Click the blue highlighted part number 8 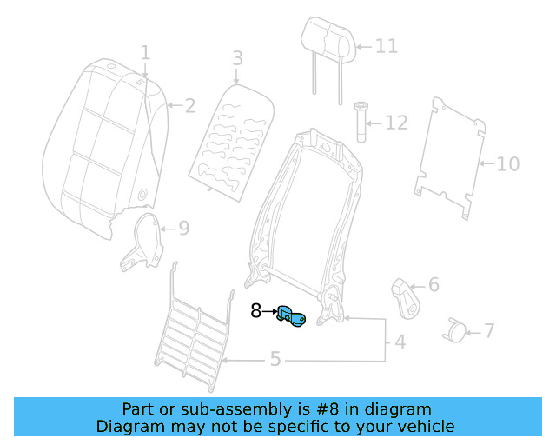pyautogui.click(x=291, y=316)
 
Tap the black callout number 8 pyautogui.click(x=255, y=311)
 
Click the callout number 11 pyautogui.click(x=387, y=46)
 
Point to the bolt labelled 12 pyautogui.click(x=361, y=122)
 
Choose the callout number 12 pyautogui.click(x=396, y=123)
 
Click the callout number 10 pyautogui.click(x=508, y=164)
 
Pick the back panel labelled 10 pyautogui.click(x=450, y=159)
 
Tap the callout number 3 pyautogui.click(x=237, y=58)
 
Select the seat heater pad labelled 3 pyautogui.click(x=232, y=143)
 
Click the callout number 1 pyautogui.click(x=145, y=52)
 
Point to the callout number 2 pyautogui.click(x=190, y=106)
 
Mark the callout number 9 pyautogui.click(x=184, y=229)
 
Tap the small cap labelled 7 pyautogui.click(x=454, y=331)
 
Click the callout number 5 pyautogui.click(x=275, y=359)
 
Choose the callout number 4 pyautogui.click(x=400, y=342)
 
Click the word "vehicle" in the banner pyautogui.click(x=432, y=427)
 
